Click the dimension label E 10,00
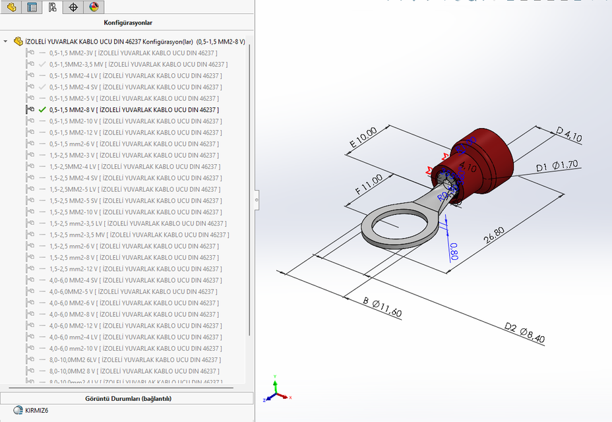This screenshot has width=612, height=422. click(x=363, y=136)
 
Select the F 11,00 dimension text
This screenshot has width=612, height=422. click(x=369, y=185)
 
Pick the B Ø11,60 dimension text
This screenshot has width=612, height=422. click(x=382, y=307)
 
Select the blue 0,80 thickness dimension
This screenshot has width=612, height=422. click(x=454, y=251)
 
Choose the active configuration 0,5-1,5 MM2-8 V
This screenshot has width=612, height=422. click(x=134, y=109)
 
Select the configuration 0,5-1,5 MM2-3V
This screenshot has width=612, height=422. click(x=133, y=53)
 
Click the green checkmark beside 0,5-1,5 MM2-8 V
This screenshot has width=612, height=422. click(x=42, y=109)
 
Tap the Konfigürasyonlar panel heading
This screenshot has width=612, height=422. click(x=128, y=22)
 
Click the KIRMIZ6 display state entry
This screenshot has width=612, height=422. click(x=36, y=410)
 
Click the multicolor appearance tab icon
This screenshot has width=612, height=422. click(x=94, y=7)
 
